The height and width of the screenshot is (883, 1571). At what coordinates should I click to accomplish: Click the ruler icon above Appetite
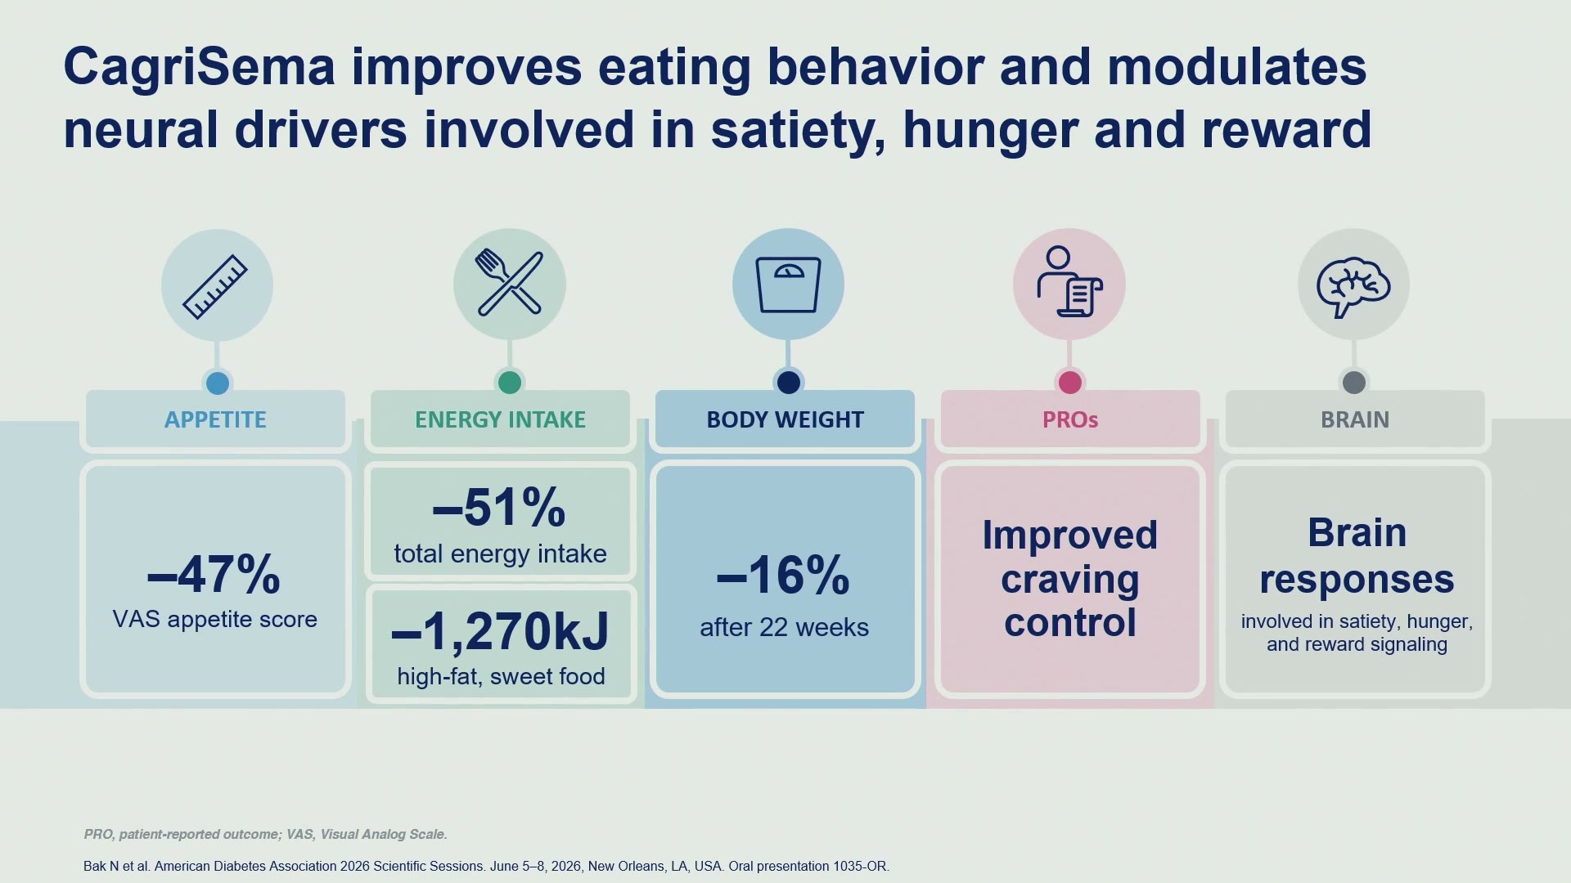coord(215,286)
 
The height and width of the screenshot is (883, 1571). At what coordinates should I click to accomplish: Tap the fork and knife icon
coord(509,282)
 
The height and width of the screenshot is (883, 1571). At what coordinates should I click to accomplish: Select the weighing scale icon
coord(788,285)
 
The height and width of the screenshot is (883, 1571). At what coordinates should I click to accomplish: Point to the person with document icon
coord(1069,281)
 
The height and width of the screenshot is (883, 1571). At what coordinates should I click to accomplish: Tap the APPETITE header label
coord(215,419)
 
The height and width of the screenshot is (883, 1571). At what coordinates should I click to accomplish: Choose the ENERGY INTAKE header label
coord(500,419)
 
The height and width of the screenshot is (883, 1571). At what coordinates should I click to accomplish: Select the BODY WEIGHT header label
coord(785,419)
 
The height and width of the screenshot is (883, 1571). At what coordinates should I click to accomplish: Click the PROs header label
coord(1069,419)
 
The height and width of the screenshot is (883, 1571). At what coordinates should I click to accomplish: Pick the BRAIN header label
coord(1354,419)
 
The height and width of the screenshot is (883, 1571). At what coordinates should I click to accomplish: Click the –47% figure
coord(214,574)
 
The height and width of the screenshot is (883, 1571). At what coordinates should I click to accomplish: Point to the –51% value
coord(499,507)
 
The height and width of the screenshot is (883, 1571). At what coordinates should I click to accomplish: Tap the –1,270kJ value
coord(500,632)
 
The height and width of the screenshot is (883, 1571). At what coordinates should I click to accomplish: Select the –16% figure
coord(783,574)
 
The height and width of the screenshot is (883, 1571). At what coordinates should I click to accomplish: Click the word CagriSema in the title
coord(199,67)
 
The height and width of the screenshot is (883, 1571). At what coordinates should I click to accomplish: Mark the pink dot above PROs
coord(1069,382)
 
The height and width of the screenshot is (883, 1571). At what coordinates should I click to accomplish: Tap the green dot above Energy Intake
coord(509,382)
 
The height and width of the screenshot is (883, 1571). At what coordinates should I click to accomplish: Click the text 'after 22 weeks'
coord(784,627)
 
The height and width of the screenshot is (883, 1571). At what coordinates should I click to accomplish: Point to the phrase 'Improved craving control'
coord(1070,578)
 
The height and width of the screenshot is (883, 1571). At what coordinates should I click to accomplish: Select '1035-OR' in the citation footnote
coord(860,866)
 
